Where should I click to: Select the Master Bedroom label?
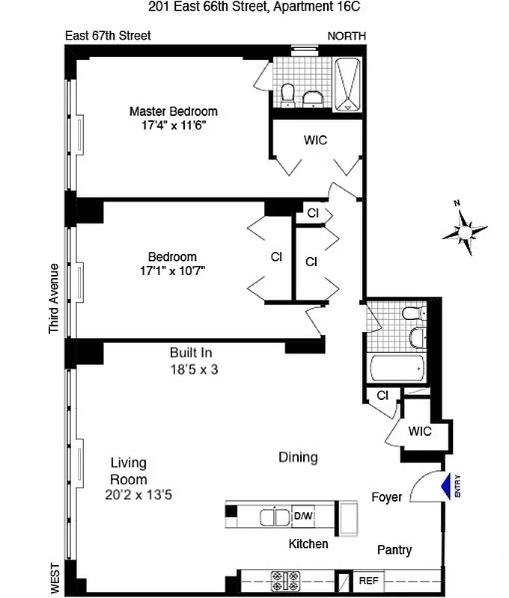(173, 111)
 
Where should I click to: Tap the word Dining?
(298, 457)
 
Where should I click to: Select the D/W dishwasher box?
(303, 516)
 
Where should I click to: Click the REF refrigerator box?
(368, 580)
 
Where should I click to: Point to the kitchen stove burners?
(285, 579)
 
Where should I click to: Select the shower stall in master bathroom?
(348, 84)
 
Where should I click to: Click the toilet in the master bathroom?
(287, 94)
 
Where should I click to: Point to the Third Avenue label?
(53, 298)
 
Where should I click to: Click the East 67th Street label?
(108, 35)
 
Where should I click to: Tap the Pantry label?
(394, 550)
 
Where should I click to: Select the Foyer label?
(386, 496)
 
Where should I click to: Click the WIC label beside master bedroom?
(315, 140)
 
